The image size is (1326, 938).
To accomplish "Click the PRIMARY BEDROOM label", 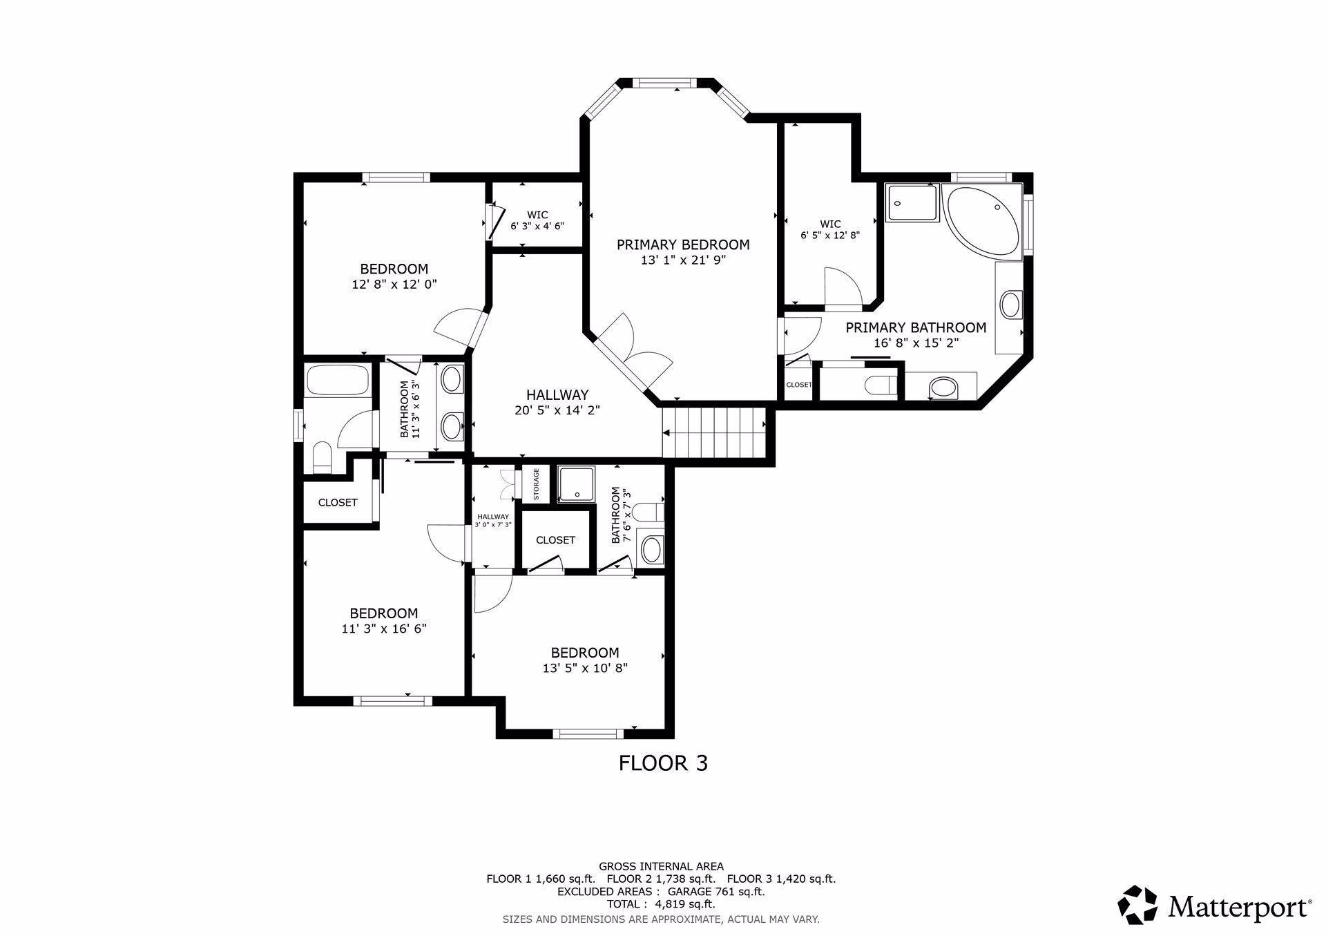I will tap(682, 245).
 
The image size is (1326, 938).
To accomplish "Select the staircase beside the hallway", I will tap(714, 432).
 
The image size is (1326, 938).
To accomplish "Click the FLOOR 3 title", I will tap(662, 763).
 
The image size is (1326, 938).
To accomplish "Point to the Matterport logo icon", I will tap(1137, 905).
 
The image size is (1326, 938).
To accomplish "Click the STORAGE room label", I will tap(536, 484).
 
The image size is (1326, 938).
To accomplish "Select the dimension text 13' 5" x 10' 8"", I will tap(585, 668).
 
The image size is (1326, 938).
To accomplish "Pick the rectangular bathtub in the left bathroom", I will tap(338, 380).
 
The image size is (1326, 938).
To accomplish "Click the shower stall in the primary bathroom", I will tap(912, 203).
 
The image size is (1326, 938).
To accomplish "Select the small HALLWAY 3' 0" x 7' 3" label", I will tap(493, 520).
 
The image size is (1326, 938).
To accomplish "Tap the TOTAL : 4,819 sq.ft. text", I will tap(661, 904).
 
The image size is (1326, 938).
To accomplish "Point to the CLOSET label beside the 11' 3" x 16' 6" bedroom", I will tap(338, 502).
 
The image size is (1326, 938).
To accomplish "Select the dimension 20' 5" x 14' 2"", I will tap(557, 410).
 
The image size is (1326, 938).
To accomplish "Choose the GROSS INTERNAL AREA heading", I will tap(661, 866).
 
